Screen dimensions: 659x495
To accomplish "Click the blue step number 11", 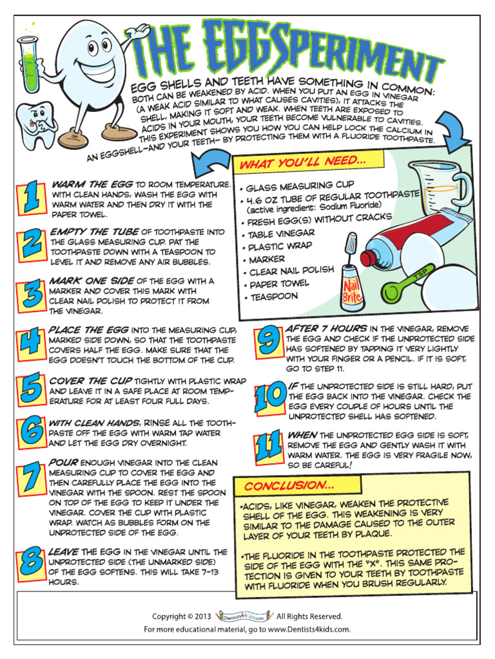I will [x=267, y=447].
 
